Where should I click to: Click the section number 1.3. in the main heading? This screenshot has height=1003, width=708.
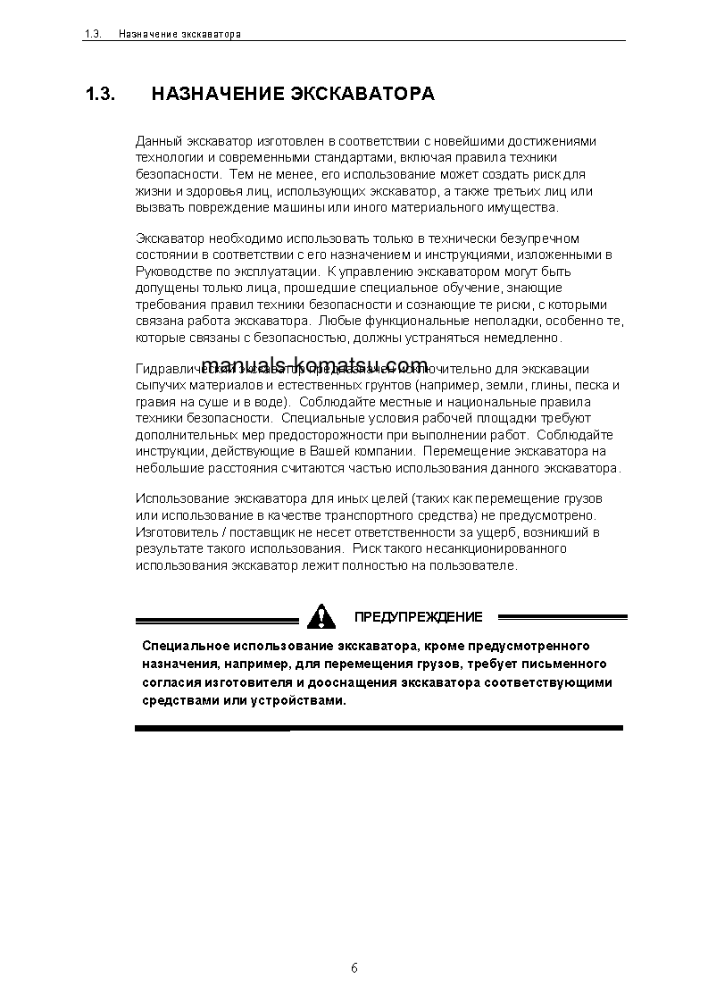click(100, 94)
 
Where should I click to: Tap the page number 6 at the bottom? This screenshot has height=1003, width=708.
click(354, 968)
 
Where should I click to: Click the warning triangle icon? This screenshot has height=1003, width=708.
click(321, 616)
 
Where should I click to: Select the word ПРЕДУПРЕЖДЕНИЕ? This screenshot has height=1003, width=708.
click(418, 617)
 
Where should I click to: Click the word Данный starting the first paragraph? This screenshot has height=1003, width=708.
click(157, 141)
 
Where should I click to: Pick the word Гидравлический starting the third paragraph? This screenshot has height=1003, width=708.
click(176, 369)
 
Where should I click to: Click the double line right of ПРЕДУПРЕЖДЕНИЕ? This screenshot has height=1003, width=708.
click(562, 616)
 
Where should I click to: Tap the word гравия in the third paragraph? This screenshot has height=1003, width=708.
click(154, 402)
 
